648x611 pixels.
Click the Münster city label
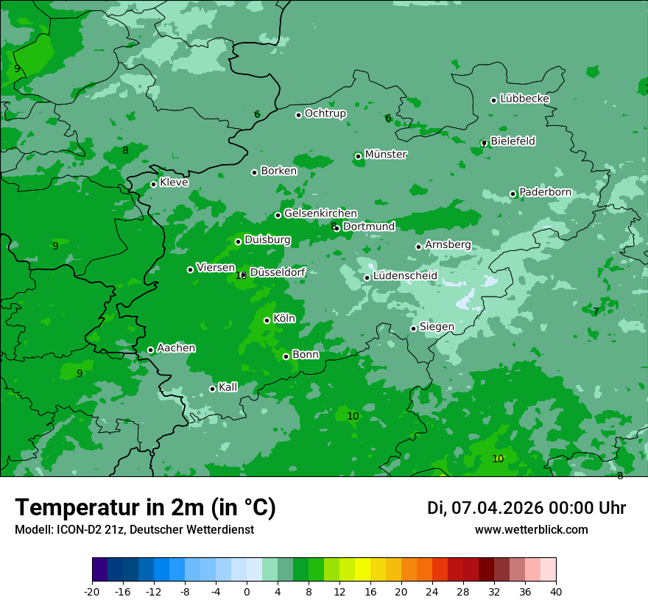[x=386, y=155]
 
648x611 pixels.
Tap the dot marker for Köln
[x=267, y=320]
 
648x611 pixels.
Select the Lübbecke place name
[x=524, y=99]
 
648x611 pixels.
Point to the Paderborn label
[x=545, y=192]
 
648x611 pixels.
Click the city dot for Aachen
[x=150, y=350]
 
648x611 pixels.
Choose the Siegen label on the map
[x=437, y=327]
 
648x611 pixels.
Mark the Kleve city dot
[x=153, y=185]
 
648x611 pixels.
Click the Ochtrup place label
[x=325, y=113]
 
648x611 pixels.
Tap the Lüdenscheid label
[x=405, y=276]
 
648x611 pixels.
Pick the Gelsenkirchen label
[x=320, y=213]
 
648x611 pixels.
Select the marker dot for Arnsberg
[x=418, y=247]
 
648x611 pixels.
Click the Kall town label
[x=228, y=387]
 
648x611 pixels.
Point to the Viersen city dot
[x=190, y=269]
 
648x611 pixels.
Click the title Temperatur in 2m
[x=145, y=508]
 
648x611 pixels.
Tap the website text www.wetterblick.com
[x=531, y=530]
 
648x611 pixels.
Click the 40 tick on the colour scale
[x=556, y=591]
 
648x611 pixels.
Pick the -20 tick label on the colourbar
[x=92, y=591]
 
